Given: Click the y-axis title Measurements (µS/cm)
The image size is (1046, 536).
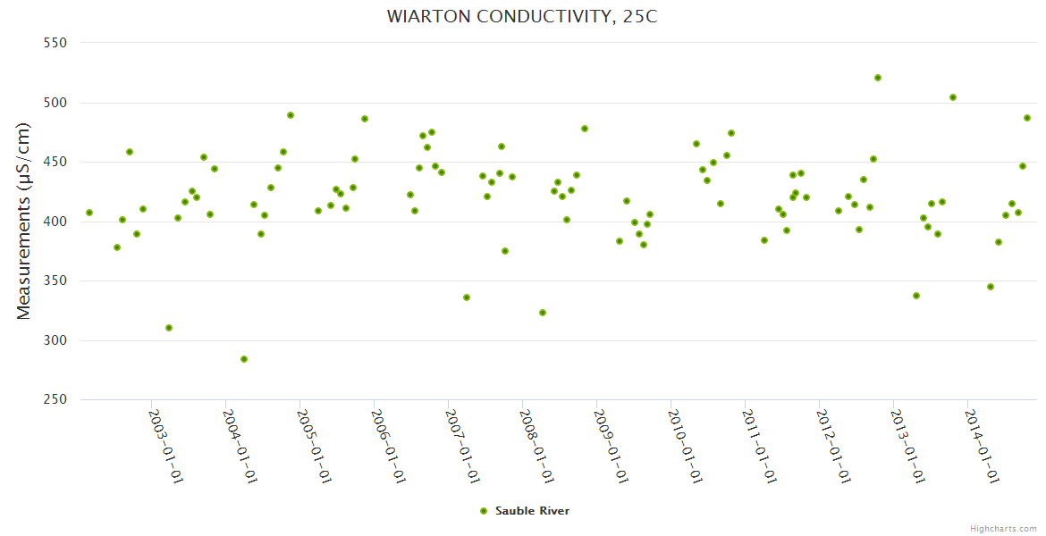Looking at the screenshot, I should pyautogui.click(x=24, y=221).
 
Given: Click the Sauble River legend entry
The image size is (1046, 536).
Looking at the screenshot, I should pyautogui.click(x=532, y=511).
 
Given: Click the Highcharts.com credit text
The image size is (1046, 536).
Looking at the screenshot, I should pyautogui.click(x=1003, y=528).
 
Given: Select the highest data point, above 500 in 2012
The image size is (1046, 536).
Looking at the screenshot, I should pyautogui.click(x=878, y=78).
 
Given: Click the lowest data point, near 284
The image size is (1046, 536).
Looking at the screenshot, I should pyautogui.click(x=244, y=359).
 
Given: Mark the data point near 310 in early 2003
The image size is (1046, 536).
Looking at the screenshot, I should pyautogui.click(x=169, y=328).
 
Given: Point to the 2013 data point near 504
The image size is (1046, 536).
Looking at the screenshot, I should pyautogui.click(x=953, y=97).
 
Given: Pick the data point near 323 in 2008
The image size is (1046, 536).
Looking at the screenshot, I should pyautogui.click(x=543, y=313).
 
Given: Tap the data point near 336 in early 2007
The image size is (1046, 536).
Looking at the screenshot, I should pyautogui.click(x=467, y=297).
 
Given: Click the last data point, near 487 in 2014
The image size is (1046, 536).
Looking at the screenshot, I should pyautogui.click(x=1027, y=118).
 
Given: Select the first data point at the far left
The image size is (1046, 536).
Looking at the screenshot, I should pyautogui.click(x=89, y=213).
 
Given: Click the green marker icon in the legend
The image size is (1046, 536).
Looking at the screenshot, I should pyautogui.click(x=484, y=511).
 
